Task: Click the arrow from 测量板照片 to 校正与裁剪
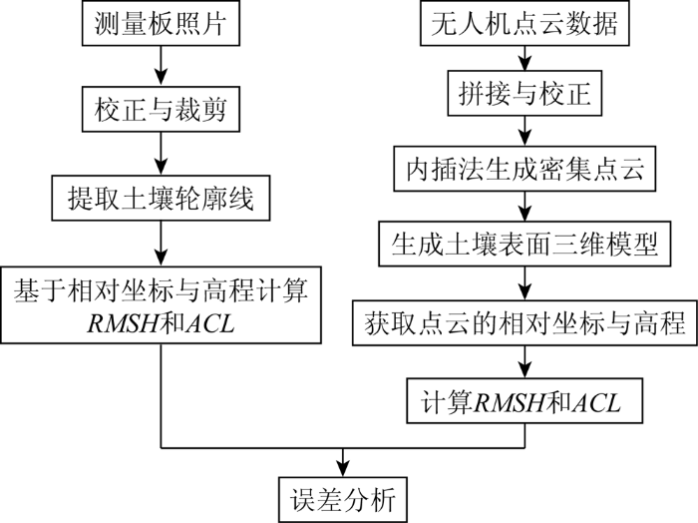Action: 161,66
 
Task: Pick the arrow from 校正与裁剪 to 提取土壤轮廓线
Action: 161,154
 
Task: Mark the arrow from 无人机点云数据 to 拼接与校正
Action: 524,58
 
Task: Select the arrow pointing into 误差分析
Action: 343,462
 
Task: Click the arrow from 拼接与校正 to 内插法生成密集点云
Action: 524,131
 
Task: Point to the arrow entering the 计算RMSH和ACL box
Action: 524,362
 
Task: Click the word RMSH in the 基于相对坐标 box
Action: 123,323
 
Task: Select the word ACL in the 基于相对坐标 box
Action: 210,323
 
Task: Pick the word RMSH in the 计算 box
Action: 510,402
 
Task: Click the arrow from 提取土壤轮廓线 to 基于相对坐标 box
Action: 161,244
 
